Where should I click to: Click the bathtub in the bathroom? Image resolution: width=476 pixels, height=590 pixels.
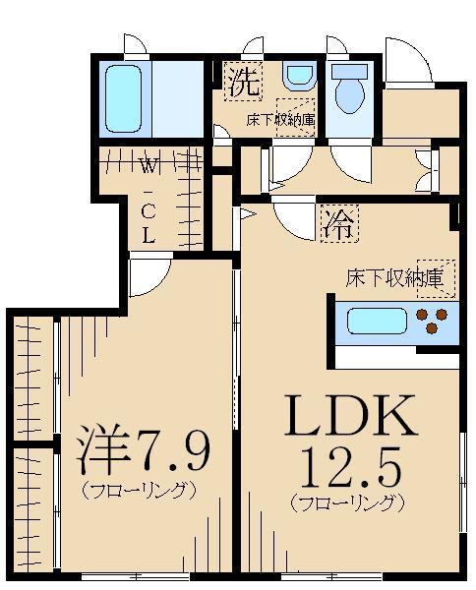click(124, 99)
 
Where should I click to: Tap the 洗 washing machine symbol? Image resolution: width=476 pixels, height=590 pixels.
click(244, 82)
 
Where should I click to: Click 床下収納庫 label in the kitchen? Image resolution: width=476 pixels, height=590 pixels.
click(399, 278)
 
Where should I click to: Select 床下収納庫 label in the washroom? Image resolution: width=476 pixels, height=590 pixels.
click(279, 121)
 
